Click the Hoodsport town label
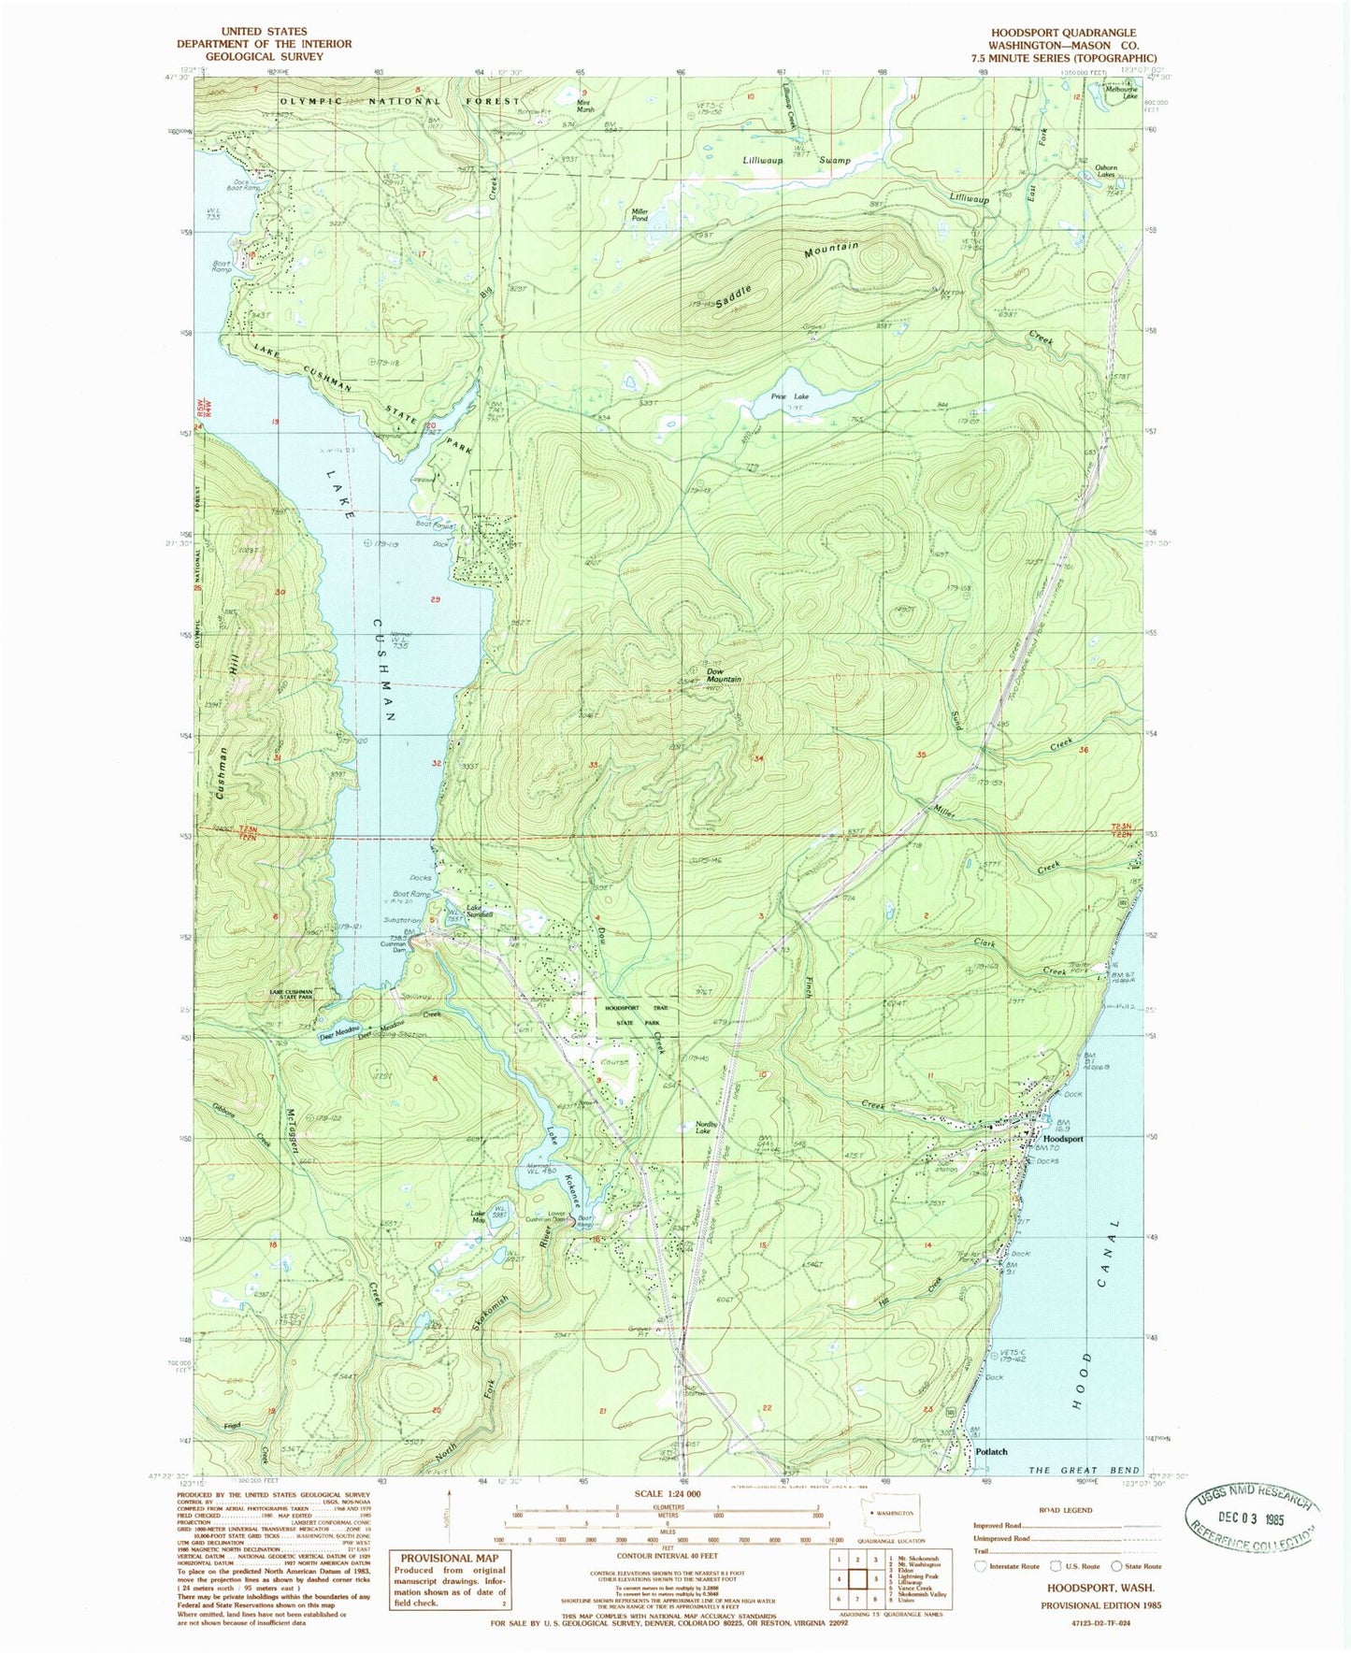1063,1139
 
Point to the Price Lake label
790,396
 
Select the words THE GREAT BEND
1084,1471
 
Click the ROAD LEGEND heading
1066,1510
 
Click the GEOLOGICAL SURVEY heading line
264,56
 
